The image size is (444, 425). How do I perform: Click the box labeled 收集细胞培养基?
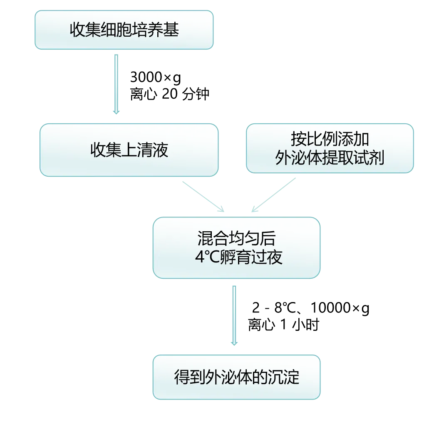(124, 30)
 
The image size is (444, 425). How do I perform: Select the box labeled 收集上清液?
(129, 150)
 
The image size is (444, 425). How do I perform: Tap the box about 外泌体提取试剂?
(330, 148)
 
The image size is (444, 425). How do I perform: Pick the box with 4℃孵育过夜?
(236, 248)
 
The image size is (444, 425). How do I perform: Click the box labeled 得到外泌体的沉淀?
(236, 377)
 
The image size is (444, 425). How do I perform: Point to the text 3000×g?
(156, 77)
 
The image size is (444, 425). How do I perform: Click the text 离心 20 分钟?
(170, 94)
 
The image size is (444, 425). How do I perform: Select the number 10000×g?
(340, 308)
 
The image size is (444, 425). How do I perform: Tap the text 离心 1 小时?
(284, 325)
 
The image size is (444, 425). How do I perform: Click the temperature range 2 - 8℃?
(274, 307)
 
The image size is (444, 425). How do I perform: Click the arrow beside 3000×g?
(116, 84)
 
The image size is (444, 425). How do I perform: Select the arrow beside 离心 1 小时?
(234, 315)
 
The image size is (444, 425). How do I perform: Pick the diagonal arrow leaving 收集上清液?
(203, 197)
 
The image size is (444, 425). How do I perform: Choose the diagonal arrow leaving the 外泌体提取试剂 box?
(273, 195)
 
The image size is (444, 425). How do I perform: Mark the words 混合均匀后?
(236, 238)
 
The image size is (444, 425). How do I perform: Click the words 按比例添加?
(330, 139)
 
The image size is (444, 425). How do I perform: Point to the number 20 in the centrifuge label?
(170, 94)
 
